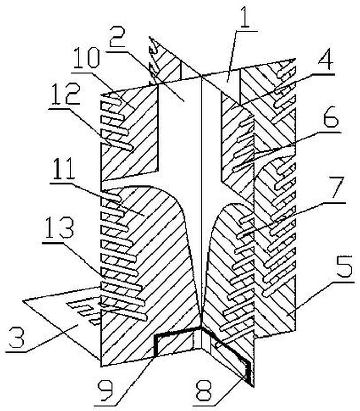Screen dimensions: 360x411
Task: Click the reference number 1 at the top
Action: pos(245,16)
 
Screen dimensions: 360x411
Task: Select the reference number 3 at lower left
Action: pos(15,338)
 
